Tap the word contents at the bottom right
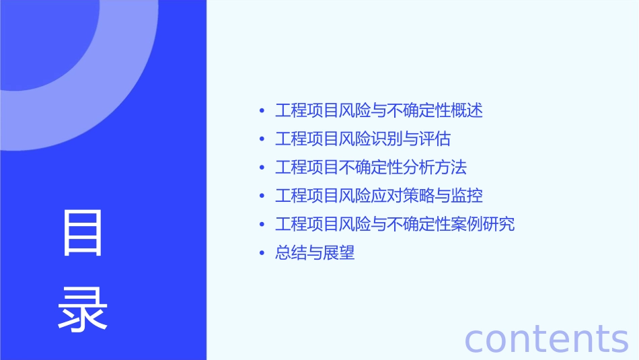click(x=547, y=339)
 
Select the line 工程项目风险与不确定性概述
click(x=379, y=110)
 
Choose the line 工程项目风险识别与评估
click(x=363, y=139)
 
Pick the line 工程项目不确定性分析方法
click(x=371, y=168)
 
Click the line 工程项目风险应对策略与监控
click(x=379, y=196)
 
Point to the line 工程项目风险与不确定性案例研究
click(x=395, y=224)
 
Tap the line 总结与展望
click(x=315, y=253)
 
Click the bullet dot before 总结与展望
click(x=262, y=254)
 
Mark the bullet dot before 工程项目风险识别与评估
click(x=262, y=140)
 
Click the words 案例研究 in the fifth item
click(x=483, y=224)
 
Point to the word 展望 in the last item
click(x=338, y=253)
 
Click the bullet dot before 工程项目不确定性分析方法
click(x=262, y=168)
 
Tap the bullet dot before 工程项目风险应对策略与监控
click(x=262, y=196)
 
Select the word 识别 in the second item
click(x=387, y=139)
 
